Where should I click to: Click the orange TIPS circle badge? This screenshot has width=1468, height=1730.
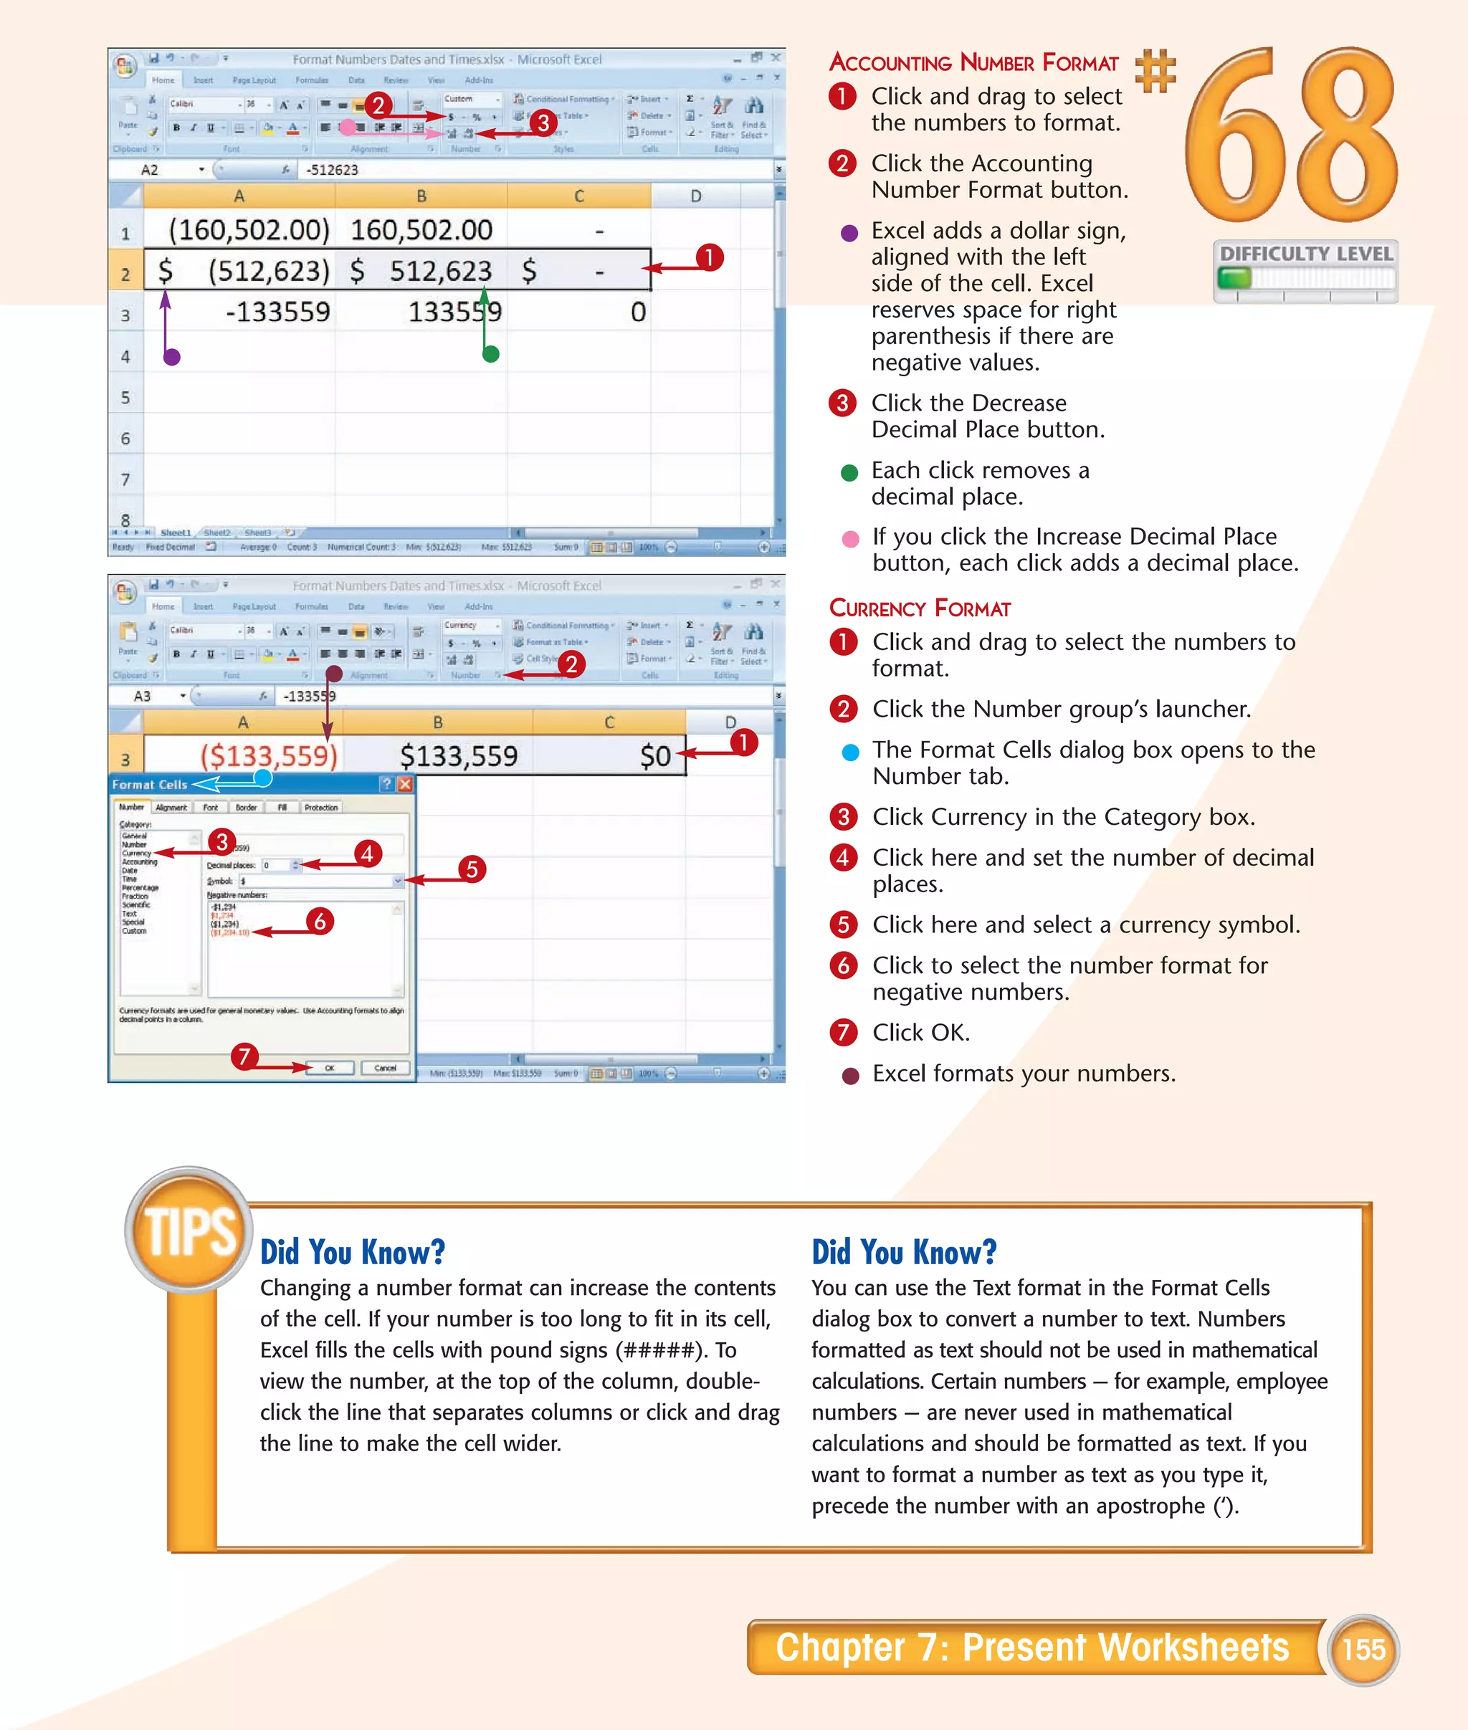(x=189, y=1230)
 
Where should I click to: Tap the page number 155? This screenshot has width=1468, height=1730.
(x=1363, y=1648)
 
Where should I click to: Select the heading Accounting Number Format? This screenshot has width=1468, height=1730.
(x=973, y=62)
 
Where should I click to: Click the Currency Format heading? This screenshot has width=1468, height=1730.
(x=920, y=608)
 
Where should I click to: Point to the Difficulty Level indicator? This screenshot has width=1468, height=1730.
(x=1305, y=270)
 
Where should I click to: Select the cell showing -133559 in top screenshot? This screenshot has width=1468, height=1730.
(x=277, y=312)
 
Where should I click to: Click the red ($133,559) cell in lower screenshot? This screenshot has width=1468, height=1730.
(x=268, y=755)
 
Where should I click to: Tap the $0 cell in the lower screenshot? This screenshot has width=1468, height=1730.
(x=655, y=755)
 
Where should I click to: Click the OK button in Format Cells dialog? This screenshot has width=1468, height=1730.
(x=330, y=1068)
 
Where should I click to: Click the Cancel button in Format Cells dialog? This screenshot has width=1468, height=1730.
(x=384, y=1068)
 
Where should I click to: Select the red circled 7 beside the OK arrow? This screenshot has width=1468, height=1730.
(x=244, y=1057)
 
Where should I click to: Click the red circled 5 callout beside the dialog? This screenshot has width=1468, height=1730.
(x=472, y=869)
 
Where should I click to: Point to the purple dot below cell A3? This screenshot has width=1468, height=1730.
(x=172, y=357)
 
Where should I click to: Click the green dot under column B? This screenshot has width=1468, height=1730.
(x=491, y=353)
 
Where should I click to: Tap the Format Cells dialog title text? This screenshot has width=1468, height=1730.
(x=150, y=785)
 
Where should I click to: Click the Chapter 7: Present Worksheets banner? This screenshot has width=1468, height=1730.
(x=1032, y=1647)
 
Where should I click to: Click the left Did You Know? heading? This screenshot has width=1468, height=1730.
(x=352, y=1251)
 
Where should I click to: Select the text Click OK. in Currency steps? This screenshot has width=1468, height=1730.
(x=920, y=1033)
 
